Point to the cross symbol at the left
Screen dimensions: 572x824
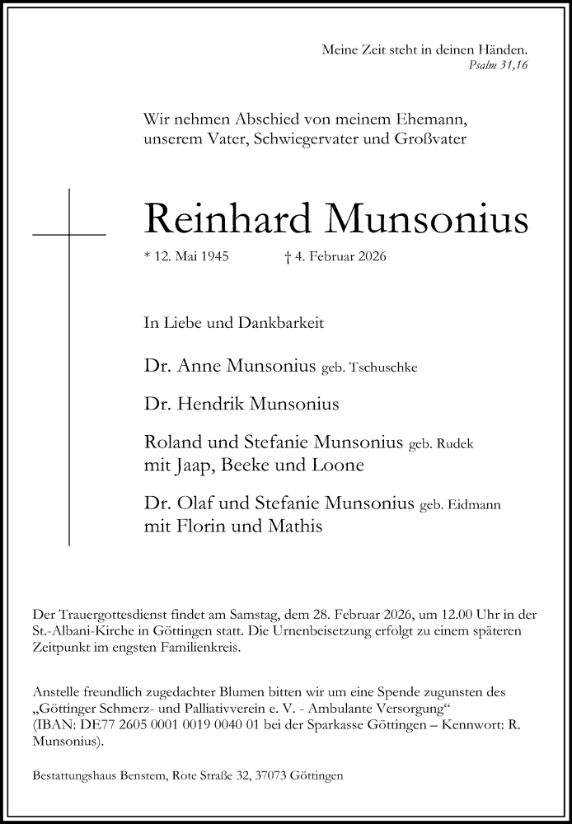tap(69, 235)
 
